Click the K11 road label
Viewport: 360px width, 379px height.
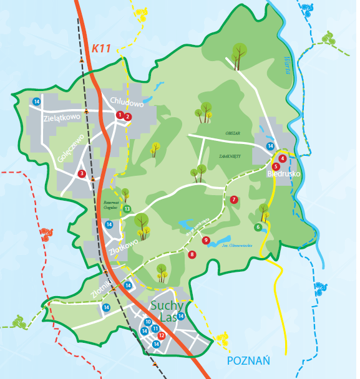[100, 48]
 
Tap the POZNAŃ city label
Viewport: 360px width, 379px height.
[248, 360]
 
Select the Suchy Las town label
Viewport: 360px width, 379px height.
[168, 311]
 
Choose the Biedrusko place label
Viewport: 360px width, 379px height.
[284, 174]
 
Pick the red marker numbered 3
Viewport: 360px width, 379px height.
[82, 174]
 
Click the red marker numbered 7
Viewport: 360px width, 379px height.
[234, 199]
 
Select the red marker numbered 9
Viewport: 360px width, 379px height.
[205, 240]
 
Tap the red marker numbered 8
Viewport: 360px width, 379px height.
[192, 254]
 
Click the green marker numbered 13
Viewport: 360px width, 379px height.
[127, 209]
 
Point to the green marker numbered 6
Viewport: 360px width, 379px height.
[258, 227]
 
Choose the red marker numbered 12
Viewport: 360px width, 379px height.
[162, 335]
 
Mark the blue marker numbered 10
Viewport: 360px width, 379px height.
[148, 322]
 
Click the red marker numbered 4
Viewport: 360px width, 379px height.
[283, 158]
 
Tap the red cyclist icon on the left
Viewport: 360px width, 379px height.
[46, 236]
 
